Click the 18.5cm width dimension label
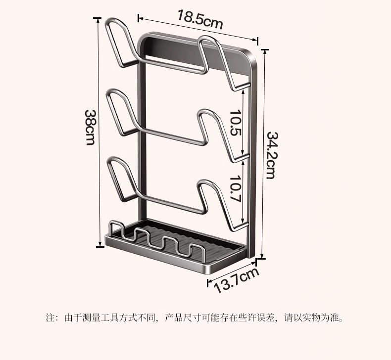(200, 20)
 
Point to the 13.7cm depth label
(237, 280)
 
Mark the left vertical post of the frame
(140, 148)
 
